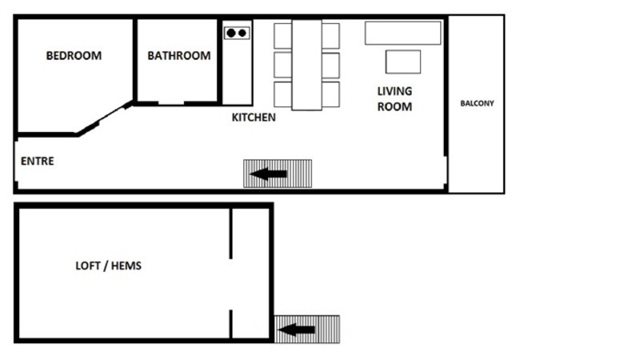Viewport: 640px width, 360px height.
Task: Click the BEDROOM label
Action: [x=74, y=55]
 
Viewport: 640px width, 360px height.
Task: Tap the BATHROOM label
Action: [x=179, y=55]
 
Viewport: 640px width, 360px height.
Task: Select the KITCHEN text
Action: [x=254, y=118]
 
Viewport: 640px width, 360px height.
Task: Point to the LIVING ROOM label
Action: [x=394, y=98]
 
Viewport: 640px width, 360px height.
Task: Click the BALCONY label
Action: [x=477, y=103]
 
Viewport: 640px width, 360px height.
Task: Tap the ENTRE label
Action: [x=37, y=162]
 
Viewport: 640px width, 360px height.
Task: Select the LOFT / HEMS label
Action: [x=109, y=266]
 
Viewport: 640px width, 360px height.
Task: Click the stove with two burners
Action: [x=237, y=33]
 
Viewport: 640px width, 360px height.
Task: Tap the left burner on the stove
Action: [x=231, y=33]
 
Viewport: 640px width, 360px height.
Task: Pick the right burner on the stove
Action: [x=242, y=33]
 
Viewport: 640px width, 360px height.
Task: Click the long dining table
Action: [x=306, y=65]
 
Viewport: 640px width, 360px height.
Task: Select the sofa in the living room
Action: [x=403, y=33]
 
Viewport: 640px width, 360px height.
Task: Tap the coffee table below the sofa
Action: [x=403, y=62]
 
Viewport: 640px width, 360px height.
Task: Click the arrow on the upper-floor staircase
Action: [x=268, y=174]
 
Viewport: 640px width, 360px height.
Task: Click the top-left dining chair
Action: [x=283, y=36]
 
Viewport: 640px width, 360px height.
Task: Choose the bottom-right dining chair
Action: [x=330, y=94]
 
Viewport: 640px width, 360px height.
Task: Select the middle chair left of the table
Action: [x=283, y=65]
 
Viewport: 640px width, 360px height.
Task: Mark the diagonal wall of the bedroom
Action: [x=105, y=118]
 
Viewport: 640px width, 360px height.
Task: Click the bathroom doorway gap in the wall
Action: [x=171, y=104]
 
